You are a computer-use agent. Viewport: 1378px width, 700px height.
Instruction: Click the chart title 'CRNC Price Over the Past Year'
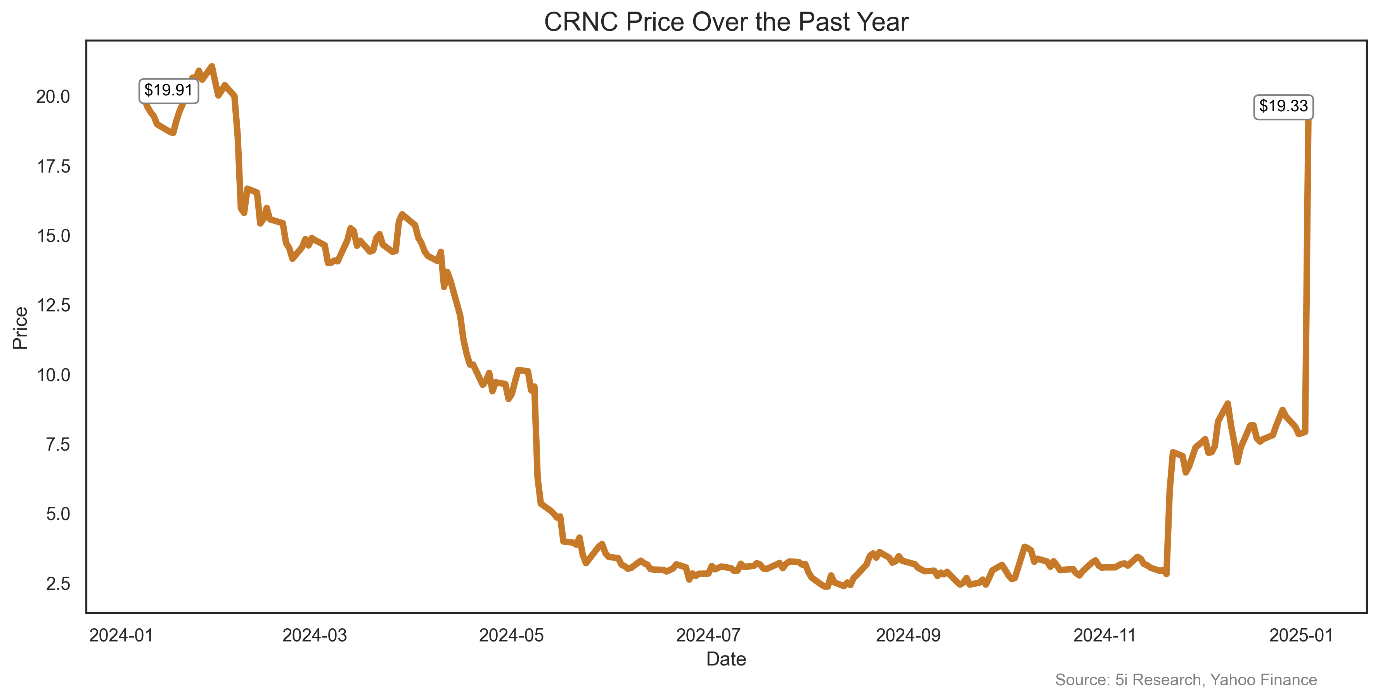pos(726,22)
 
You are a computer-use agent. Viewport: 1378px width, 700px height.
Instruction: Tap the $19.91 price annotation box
pos(168,90)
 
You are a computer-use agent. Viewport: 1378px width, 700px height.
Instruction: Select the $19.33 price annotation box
pos(1283,106)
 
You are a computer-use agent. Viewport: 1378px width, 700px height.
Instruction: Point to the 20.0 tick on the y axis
pos(53,97)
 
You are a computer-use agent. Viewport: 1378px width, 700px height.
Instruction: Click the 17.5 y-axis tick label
pos(54,167)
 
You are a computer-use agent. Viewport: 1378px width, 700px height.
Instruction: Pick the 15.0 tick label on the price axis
pos(54,236)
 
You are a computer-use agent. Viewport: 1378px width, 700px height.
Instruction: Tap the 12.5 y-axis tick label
pos(54,305)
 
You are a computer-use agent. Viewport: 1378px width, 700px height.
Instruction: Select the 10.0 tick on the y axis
pos(54,375)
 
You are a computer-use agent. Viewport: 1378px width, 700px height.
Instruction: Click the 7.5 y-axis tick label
pos(58,444)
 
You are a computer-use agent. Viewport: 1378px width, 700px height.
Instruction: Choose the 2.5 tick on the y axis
pos(58,583)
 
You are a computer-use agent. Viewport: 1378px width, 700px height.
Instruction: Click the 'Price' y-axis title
pos(20,328)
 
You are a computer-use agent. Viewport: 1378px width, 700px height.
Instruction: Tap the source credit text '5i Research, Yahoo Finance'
pos(1186,680)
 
